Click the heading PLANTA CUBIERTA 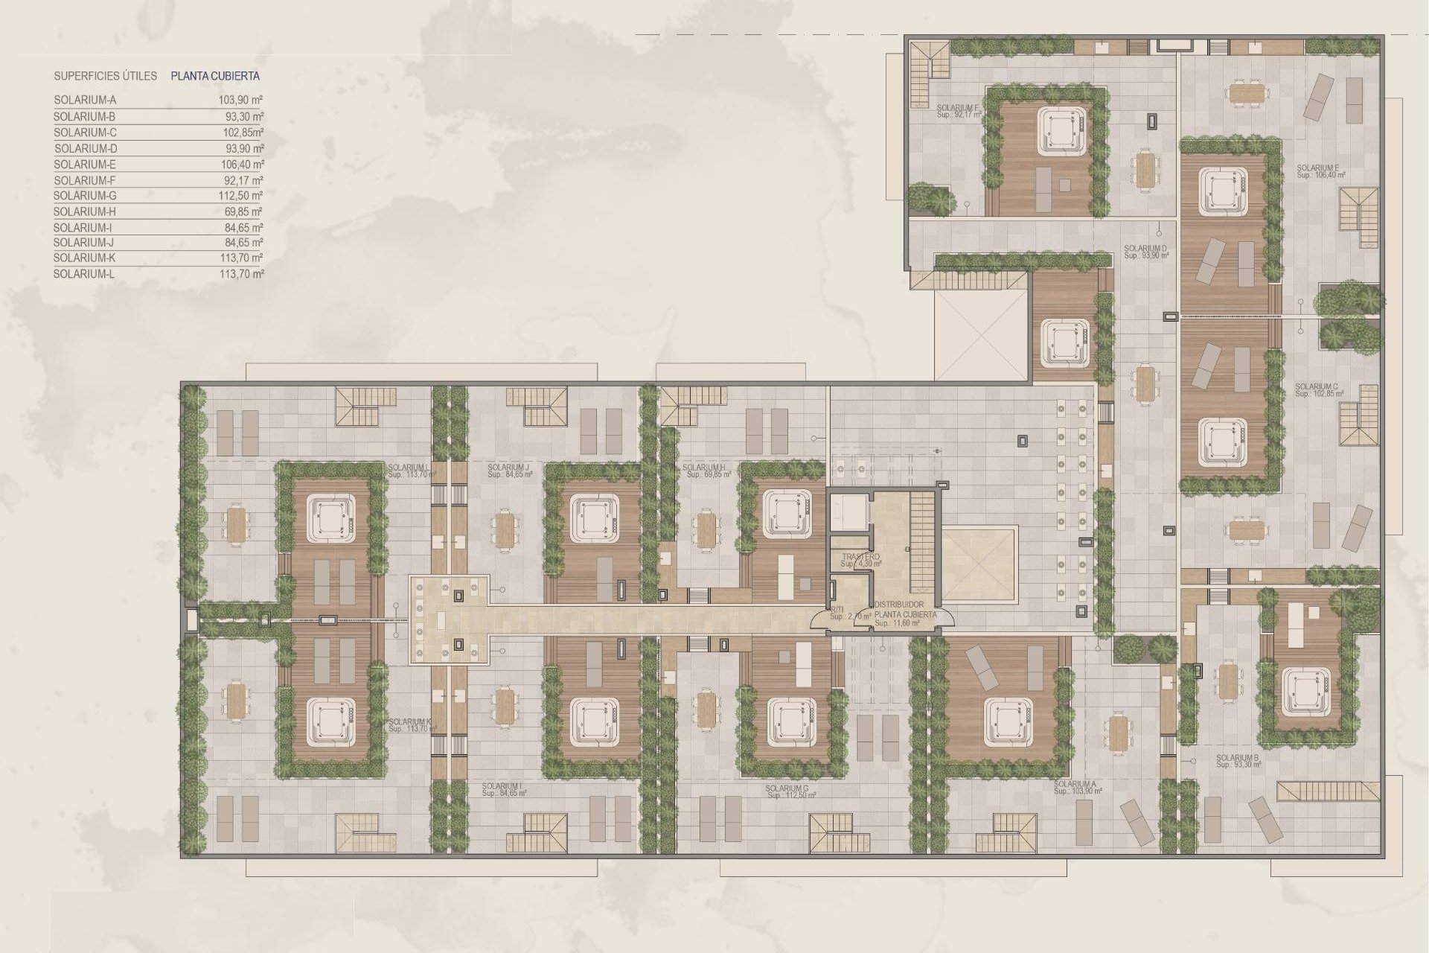click(215, 76)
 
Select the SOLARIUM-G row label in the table click(86, 196)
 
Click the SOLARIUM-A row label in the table click(85, 100)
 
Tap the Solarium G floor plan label click(790, 791)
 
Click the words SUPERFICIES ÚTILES click(105, 76)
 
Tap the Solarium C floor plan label click(1317, 389)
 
